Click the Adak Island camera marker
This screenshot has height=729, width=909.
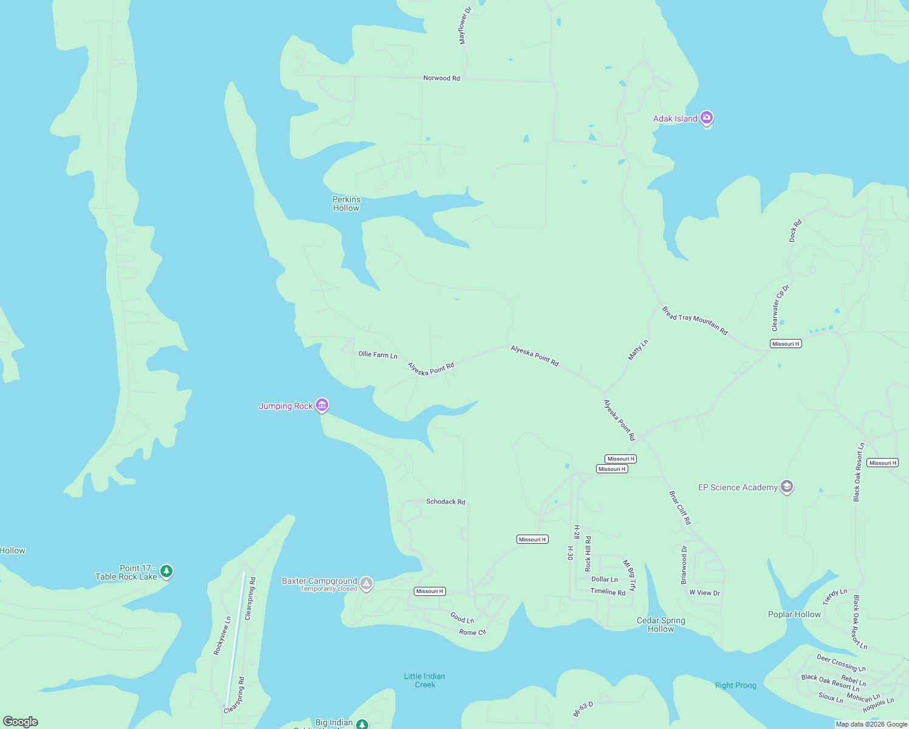pyautogui.click(x=706, y=117)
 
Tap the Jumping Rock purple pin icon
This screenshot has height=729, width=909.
pyautogui.click(x=322, y=405)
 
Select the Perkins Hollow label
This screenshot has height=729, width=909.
pyautogui.click(x=346, y=204)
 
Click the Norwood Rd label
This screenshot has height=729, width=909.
pyautogui.click(x=442, y=78)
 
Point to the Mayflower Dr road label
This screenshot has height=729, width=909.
pyautogui.click(x=465, y=26)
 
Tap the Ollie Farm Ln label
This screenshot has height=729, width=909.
pyautogui.click(x=378, y=355)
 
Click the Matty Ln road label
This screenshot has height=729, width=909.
pyautogui.click(x=638, y=350)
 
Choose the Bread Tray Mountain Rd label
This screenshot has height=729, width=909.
pyautogui.click(x=695, y=321)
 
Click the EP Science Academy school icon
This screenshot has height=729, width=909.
pyautogui.click(x=787, y=487)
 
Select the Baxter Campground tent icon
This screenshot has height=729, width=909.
pyautogui.click(x=366, y=583)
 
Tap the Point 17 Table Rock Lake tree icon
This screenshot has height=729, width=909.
pyautogui.click(x=166, y=571)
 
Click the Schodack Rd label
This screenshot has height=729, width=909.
pyautogui.click(x=445, y=502)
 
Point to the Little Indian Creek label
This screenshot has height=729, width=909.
pyautogui.click(x=425, y=680)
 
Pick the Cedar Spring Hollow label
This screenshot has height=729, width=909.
pyautogui.click(x=661, y=625)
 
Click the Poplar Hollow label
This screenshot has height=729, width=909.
pyautogui.click(x=794, y=614)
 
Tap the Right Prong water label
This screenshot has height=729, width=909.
pyautogui.click(x=736, y=685)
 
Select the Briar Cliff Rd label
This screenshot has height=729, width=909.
pyautogui.click(x=680, y=508)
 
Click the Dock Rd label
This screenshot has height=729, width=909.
pyautogui.click(x=795, y=231)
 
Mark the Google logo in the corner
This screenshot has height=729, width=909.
pyautogui.click(x=21, y=721)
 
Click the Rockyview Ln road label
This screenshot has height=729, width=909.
pyautogui.click(x=222, y=635)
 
